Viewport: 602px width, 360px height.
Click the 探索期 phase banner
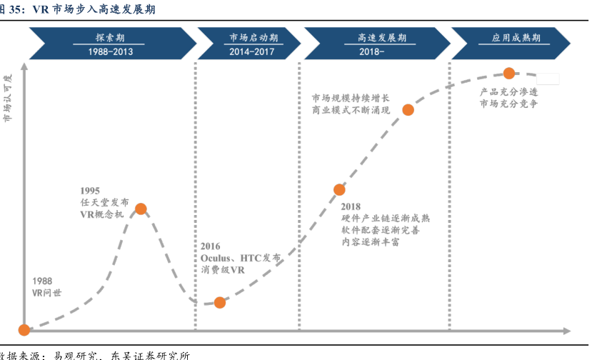(x=111, y=38)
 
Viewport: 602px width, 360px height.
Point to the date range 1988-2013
(x=111, y=51)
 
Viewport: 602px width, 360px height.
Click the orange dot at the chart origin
(x=24, y=330)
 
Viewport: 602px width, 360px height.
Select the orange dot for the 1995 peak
(x=141, y=209)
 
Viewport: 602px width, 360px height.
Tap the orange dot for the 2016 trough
(x=219, y=302)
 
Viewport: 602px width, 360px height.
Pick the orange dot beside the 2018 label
(x=339, y=189)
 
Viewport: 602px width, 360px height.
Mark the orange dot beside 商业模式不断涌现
(x=408, y=110)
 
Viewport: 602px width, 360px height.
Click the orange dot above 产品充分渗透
(x=509, y=73)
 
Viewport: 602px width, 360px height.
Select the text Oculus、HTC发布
(x=240, y=258)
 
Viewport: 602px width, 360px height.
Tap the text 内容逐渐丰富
(x=370, y=242)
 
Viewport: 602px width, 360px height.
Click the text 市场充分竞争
(x=508, y=104)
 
